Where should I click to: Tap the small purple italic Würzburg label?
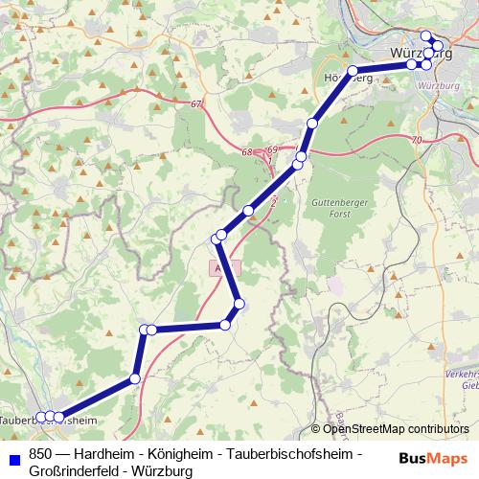[x=441, y=85]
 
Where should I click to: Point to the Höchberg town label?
[x=348, y=77]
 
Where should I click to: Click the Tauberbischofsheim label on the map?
[x=48, y=420]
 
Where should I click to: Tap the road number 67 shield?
[x=197, y=103]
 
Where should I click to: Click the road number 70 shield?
[x=415, y=141]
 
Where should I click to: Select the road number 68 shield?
[x=248, y=151]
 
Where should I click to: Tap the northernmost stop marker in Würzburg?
[x=426, y=36]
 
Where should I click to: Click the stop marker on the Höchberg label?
[x=353, y=71]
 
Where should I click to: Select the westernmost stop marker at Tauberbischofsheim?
[x=39, y=417]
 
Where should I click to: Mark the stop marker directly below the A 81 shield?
[x=239, y=305]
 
